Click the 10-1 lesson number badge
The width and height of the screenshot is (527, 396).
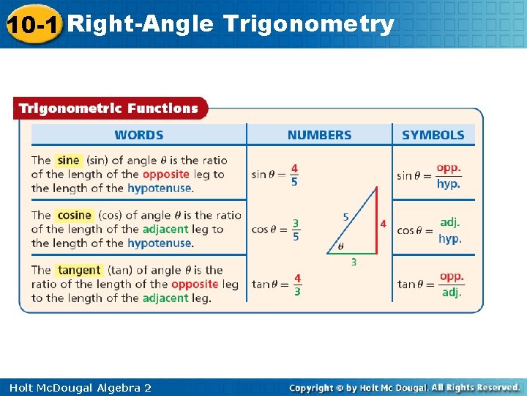[x=33, y=25]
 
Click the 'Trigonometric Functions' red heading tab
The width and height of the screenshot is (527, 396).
[x=108, y=109]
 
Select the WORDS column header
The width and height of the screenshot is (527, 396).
[x=139, y=135]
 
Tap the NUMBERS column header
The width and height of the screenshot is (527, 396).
[x=319, y=135]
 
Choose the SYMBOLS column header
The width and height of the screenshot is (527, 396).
[x=433, y=135]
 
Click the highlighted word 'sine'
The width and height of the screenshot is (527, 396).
[x=68, y=160]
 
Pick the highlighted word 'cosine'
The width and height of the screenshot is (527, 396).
[x=74, y=215]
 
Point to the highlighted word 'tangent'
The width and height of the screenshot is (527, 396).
[x=79, y=270]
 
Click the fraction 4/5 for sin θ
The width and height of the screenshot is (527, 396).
[x=294, y=175]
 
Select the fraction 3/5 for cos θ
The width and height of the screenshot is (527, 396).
[x=295, y=230]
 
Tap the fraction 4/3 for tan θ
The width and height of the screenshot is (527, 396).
[x=297, y=285]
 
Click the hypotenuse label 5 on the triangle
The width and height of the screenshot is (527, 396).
[x=346, y=217]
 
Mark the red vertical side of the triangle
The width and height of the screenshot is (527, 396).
[x=376, y=220]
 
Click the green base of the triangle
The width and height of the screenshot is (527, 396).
[x=352, y=254]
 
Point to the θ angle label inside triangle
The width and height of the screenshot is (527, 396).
[x=340, y=246]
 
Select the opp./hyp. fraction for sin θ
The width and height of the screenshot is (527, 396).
[x=449, y=175]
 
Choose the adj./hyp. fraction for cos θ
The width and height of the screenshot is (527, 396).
[x=450, y=230]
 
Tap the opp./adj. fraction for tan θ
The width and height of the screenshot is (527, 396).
[x=452, y=285]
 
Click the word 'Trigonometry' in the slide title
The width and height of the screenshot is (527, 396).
[x=309, y=24]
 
